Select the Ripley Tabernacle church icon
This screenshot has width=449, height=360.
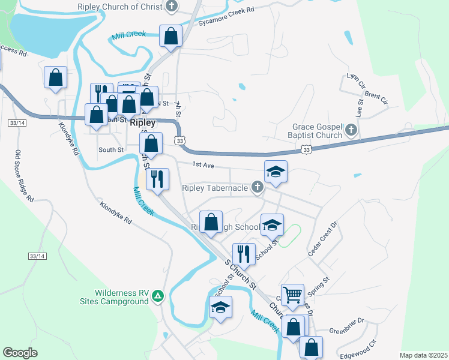[x=258, y=188]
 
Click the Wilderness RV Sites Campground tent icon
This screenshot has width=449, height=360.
[x=157, y=295]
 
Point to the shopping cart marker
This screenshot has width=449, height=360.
[x=293, y=295]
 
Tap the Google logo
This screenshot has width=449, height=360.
[x=20, y=353]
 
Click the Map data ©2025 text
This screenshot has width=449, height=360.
[x=423, y=355]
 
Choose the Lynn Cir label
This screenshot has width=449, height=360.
[x=356, y=80]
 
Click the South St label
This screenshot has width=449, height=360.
[x=110, y=149]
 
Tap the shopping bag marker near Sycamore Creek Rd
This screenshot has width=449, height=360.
[x=171, y=36]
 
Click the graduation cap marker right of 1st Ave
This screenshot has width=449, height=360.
[x=276, y=172]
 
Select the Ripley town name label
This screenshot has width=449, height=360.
[x=142, y=122]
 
